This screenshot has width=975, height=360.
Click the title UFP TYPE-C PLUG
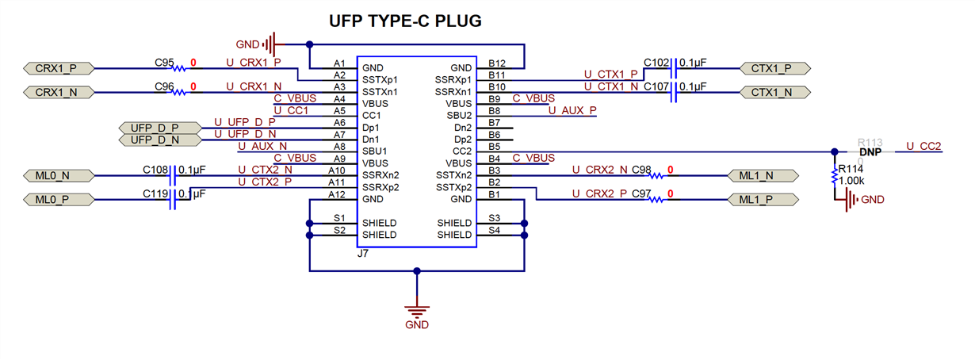pyautogui.click(x=405, y=21)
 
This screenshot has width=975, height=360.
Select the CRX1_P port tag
pyautogui.click(x=60, y=68)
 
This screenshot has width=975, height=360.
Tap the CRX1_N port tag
pyautogui.click(x=60, y=92)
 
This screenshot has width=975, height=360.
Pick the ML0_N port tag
pyautogui.click(x=60, y=175)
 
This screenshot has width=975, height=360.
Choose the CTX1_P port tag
pyautogui.click(x=773, y=68)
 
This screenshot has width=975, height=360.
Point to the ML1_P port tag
pyautogui.click(x=761, y=200)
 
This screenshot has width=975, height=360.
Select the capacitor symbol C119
pyautogui.click(x=172, y=200)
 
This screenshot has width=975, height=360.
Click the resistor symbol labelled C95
pyautogui.click(x=181, y=68)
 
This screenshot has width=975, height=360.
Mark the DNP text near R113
pyautogui.click(x=870, y=152)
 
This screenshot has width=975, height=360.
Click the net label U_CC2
pyautogui.click(x=923, y=147)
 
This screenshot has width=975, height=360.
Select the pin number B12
pyautogui.click(x=497, y=63)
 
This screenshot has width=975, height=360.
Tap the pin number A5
pyautogui.click(x=338, y=110)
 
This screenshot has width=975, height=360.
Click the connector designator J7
pyautogui.click(x=363, y=254)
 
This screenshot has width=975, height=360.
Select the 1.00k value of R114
pyautogui.click(x=851, y=181)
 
